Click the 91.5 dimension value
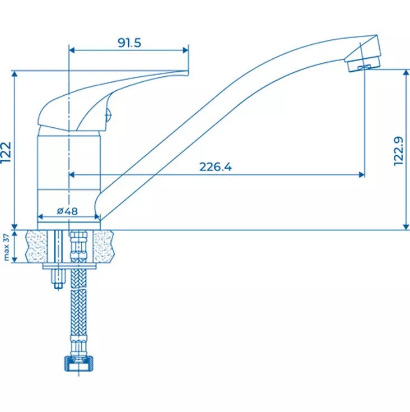tap(129, 43)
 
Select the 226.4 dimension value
tap(216, 167)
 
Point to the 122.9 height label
tap(398, 151)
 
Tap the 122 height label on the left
tap(6, 152)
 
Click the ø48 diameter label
tap(67, 211)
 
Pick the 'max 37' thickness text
tap(6, 247)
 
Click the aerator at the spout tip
tap(364, 64)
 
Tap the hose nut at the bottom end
tap(78, 364)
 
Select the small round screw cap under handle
tap(108, 115)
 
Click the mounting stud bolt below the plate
tap(58, 279)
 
